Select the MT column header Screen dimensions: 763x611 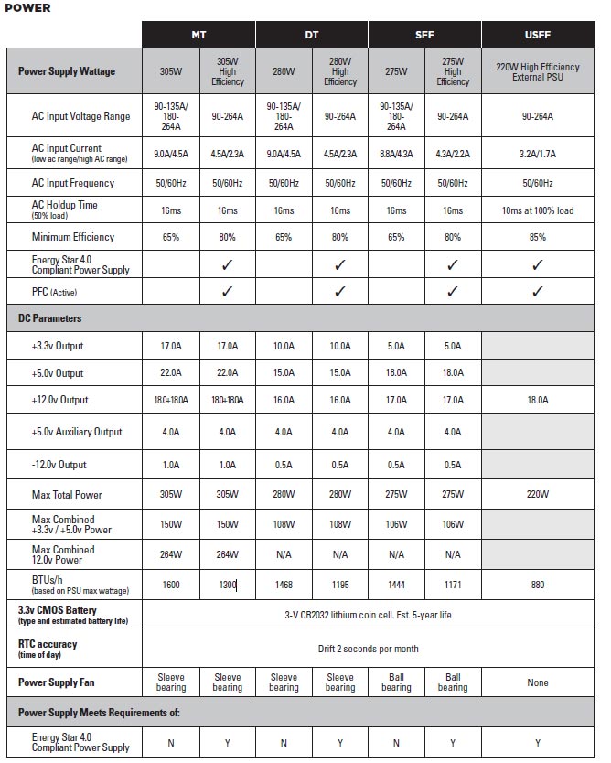[198, 35]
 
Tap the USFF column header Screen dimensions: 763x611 [538, 35]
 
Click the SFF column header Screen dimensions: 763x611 [424, 35]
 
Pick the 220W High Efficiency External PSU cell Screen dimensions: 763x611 [538, 71]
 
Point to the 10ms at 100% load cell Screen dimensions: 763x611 [538, 210]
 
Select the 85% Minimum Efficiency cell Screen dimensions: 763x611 [538, 237]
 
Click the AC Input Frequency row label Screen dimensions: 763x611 [73, 183]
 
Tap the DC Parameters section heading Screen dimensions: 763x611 [50, 318]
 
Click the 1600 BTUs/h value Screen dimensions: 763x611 [171, 584]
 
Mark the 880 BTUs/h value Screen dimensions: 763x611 [538, 584]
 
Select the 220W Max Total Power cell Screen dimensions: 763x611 [538, 495]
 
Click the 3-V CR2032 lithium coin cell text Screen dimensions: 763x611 [368, 615]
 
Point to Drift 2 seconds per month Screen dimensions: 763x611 [368, 649]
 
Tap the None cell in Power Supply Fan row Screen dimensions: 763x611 [538, 682]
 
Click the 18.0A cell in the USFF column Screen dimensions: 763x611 [538, 400]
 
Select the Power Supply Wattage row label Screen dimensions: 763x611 [67, 71]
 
